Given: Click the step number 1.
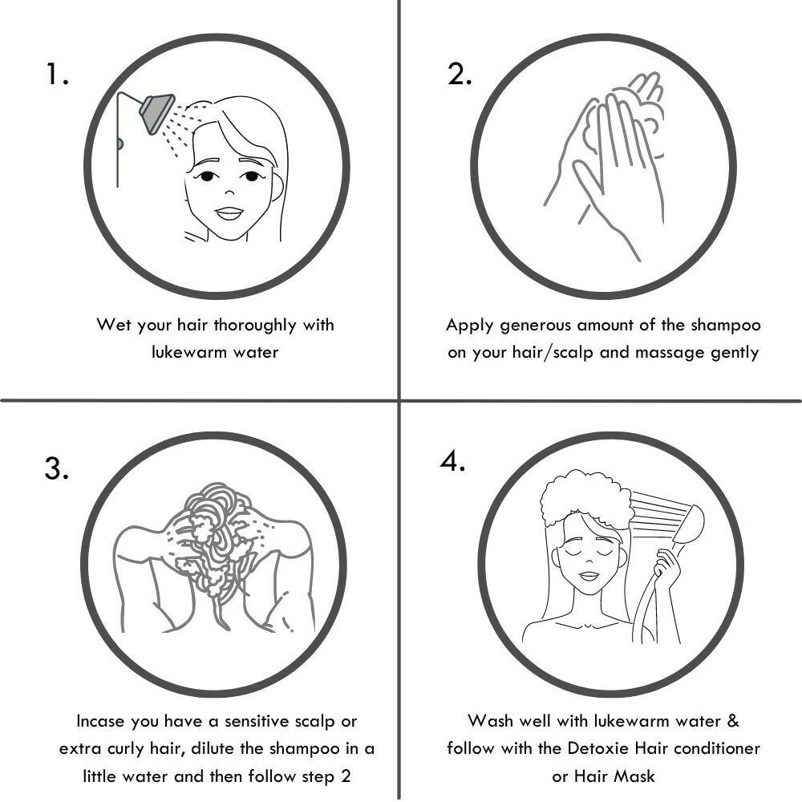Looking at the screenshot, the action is (x=56, y=74).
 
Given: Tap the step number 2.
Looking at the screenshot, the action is (x=460, y=74).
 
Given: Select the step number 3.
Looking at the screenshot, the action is (x=56, y=468).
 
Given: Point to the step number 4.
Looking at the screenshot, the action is (x=452, y=461).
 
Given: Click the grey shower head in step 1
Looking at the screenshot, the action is (x=157, y=112).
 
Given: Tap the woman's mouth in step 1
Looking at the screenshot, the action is (x=229, y=213).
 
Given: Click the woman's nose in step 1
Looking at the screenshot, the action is (x=229, y=192).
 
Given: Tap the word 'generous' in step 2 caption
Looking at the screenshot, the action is (x=535, y=326).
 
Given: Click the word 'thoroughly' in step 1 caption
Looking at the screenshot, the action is (x=255, y=326).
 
